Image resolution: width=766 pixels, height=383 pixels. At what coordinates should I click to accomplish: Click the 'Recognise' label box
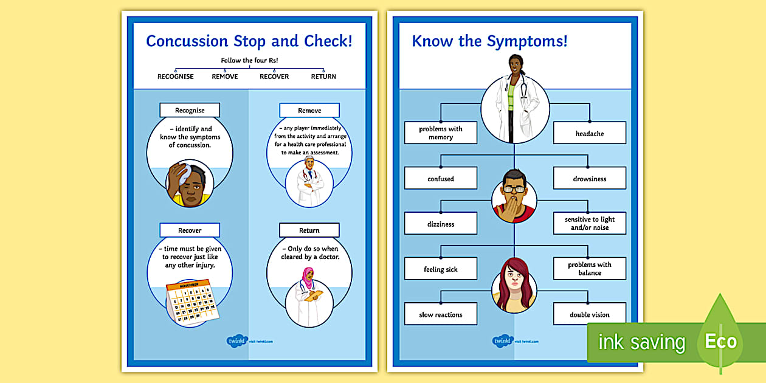190,110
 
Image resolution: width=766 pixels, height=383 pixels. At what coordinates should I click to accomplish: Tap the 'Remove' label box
309,110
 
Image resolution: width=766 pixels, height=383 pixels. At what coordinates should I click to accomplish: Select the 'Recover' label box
190,230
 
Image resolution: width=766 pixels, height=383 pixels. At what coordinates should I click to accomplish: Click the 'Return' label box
309,230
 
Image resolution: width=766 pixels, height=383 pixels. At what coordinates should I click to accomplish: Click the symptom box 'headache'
589,133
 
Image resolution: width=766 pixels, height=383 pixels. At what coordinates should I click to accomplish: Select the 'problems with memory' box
441,133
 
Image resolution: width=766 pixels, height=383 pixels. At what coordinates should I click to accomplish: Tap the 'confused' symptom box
441,179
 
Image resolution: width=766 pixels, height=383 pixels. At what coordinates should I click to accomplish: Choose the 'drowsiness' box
589,179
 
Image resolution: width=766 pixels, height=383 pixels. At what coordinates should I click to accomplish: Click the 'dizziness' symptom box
441,224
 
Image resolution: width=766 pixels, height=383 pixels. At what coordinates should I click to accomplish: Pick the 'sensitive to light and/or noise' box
589,224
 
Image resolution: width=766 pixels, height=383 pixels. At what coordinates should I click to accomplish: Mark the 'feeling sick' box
441,269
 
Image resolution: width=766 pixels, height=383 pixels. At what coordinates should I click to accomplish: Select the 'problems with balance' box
589,269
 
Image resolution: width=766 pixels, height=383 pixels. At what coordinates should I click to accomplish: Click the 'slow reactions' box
441,314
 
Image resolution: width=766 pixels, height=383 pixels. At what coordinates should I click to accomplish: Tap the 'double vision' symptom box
589,314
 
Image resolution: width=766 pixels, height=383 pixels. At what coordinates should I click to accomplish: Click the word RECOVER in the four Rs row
274,77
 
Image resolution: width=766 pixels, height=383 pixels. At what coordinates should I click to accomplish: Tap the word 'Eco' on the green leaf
720,341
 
